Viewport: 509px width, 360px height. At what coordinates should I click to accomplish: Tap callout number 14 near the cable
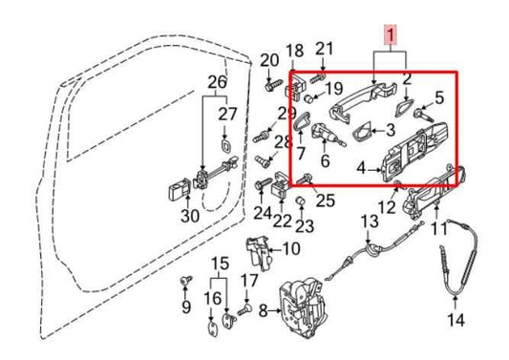pyautogui.click(x=456, y=320)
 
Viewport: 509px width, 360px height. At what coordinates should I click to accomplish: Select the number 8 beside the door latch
pyautogui.click(x=265, y=309)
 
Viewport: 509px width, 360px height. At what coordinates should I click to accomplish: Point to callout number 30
pyautogui.click(x=190, y=216)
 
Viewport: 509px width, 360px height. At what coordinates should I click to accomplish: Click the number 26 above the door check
pyautogui.click(x=217, y=83)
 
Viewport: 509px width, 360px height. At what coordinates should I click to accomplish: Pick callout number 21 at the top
pyautogui.click(x=325, y=50)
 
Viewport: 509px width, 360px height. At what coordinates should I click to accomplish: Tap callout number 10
pyautogui.click(x=291, y=249)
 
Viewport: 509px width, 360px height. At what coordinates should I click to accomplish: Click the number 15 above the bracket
pyautogui.click(x=221, y=263)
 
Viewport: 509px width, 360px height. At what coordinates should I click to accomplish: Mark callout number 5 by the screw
pyautogui.click(x=439, y=96)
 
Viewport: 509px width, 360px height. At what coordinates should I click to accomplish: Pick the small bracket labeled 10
pyautogui.click(x=259, y=251)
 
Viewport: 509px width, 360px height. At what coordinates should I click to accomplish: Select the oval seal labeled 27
pyautogui.click(x=225, y=145)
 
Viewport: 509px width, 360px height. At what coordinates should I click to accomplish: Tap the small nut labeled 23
pyautogui.click(x=298, y=201)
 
